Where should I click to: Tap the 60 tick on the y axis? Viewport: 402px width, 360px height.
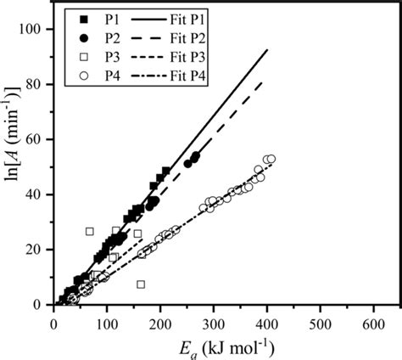(x=40, y=139)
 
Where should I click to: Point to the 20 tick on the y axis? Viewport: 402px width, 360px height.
(x=40, y=250)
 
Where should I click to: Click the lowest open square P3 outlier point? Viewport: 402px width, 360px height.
(x=141, y=284)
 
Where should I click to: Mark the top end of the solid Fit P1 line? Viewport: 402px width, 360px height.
(x=268, y=49)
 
